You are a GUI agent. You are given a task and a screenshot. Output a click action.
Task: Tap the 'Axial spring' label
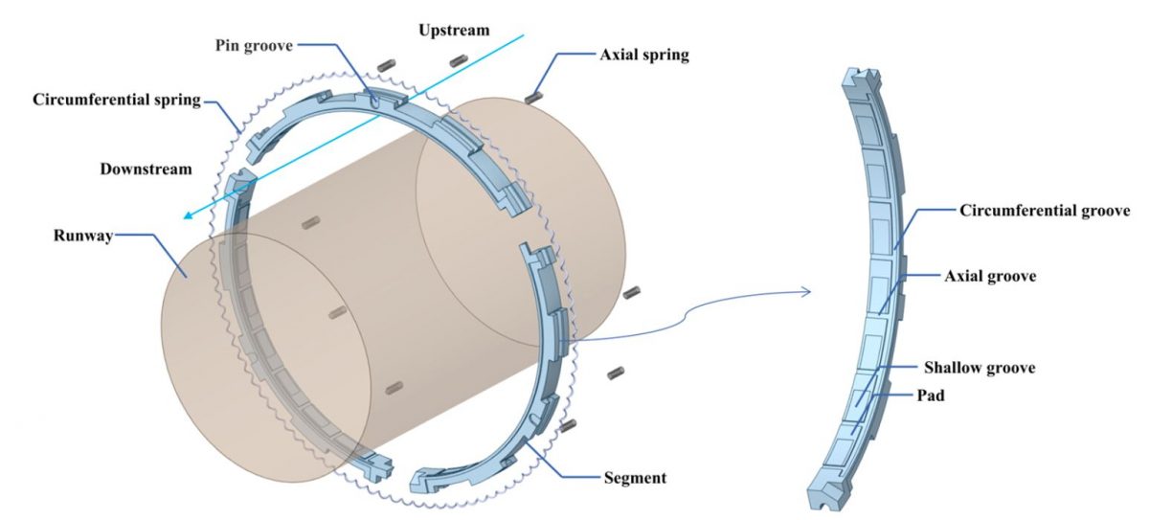click(x=643, y=55)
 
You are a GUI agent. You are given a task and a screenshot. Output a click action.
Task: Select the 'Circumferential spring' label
click(x=116, y=99)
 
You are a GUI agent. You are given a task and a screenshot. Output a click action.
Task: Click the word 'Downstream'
click(x=146, y=169)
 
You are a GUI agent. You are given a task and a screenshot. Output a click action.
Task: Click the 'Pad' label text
click(x=931, y=394)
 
